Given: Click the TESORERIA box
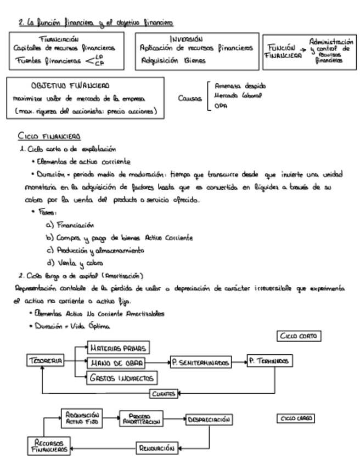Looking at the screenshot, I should (x=45, y=361).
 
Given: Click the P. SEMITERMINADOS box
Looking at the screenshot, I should (x=200, y=362).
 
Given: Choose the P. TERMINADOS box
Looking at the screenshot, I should (x=269, y=362).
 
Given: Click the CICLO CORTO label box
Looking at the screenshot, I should (x=299, y=336).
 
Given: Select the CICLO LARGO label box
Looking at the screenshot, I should (x=296, y=418).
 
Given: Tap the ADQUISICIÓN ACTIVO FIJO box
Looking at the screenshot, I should (x=81, y=418).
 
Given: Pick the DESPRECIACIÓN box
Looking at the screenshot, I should (x=208, y=420).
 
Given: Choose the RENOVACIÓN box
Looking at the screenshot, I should (x=157, y=448).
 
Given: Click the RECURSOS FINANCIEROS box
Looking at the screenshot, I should (x=49, y=445).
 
